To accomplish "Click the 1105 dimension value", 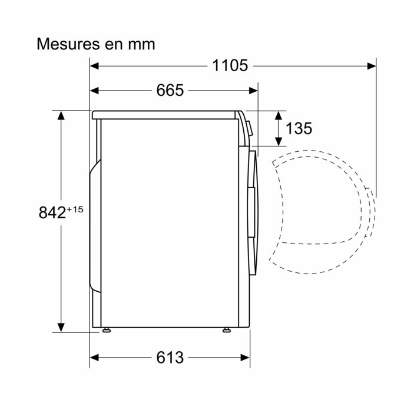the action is coord(230,65).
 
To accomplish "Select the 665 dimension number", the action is coord(170,90).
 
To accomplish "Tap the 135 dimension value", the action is coord(299,128).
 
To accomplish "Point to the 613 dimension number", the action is coord(170,357).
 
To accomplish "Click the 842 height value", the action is coord(52,212).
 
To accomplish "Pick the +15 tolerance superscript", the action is coord(75,209).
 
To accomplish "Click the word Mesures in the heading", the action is coord(68,44).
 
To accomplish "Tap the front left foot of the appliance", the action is coord(107,330).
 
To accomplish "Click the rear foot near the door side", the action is coord(227,330).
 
